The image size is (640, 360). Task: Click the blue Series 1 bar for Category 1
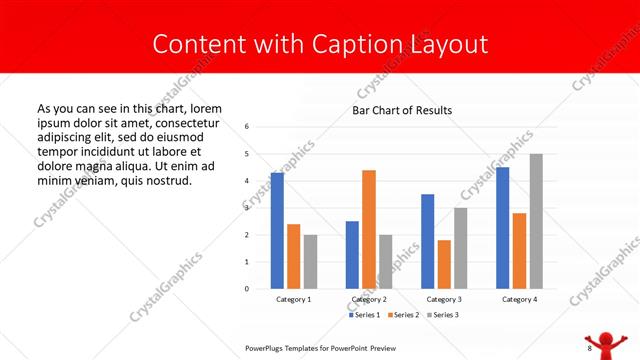(x=277, y=231)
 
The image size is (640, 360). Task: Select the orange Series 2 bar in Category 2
(x=369, y=229)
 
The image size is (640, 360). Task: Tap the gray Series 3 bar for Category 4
(x=536, y=221)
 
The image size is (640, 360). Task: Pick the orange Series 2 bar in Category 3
(x=444, y=264)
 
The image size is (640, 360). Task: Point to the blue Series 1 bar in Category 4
(x=502, y=228)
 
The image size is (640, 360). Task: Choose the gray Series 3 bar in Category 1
(x=310, y=262)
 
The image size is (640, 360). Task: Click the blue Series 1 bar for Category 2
(x=352, y=255)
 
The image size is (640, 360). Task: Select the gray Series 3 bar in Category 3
(x=461, y=248)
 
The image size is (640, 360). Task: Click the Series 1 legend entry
(x=364, y=315)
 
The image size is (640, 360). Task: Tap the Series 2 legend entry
(x=403, y=315)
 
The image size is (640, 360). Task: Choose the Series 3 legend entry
(x=442, y=315)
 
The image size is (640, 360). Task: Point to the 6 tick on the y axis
(x=247, y=127)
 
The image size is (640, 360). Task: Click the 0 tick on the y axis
(x=247, y=289)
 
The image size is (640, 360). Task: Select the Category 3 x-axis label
(x=444, y=299)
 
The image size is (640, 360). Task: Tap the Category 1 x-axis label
(x=293, y=299)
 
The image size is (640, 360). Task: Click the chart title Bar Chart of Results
(x=402, y=110)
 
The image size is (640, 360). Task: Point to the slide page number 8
(x=589, y=348)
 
